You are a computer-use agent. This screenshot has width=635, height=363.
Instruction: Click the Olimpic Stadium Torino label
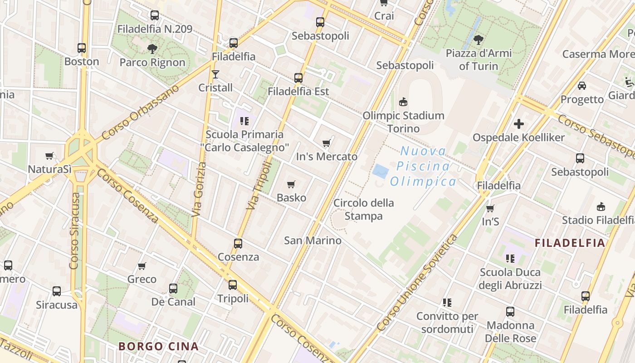tap(403, 122)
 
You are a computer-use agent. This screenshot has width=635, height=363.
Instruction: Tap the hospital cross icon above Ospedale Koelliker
tap(519, 123)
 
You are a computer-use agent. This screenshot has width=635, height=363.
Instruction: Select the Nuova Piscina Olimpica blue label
tap(423, 167)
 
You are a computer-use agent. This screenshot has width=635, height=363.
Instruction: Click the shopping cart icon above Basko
tap(291, 184)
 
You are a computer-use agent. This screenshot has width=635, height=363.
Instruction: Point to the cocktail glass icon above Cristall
tap(215, 74)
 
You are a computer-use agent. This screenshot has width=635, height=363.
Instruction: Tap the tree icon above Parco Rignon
tap(152, 49)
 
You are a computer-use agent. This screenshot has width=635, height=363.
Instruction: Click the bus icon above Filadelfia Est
tap(298, 78)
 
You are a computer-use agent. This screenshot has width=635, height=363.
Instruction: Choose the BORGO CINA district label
tap(158, 346)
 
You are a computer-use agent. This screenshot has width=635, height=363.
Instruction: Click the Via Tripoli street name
tap(259, 186)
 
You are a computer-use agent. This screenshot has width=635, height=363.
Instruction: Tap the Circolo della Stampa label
tap(364, 209)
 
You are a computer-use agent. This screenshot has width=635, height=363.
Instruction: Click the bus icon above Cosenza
tap(238, 244)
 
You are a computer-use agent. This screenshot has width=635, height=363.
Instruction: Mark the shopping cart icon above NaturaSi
tap(49, 156)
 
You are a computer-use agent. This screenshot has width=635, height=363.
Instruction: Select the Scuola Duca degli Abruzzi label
tap(510, 279)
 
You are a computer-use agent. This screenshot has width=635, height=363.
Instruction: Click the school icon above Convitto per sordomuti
tap(447, 302)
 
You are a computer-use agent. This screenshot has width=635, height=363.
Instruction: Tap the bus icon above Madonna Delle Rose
tap(510, 312)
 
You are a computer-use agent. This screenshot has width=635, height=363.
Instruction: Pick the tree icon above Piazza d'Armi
tap(478, 40)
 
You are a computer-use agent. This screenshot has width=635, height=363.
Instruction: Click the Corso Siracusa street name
tap(75, 231)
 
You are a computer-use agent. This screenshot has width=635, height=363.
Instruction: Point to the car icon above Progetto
tap(581, 86)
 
